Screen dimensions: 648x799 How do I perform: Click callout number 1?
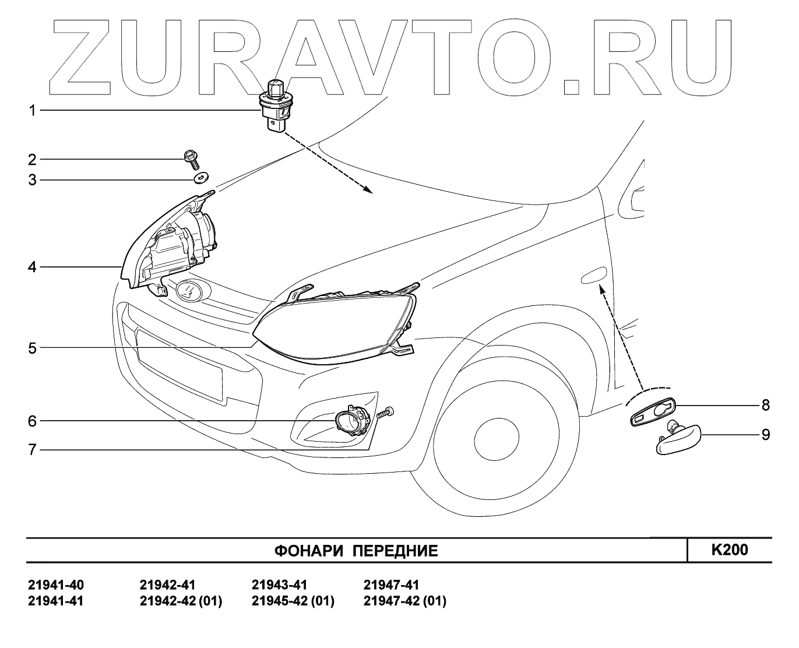pos(33,110)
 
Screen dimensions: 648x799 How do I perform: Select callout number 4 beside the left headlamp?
pos(33,267)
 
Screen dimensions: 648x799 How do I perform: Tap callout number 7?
pos(33,450)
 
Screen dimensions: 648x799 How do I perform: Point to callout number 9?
pos(765,435)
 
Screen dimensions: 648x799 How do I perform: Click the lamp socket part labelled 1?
pos(274,108)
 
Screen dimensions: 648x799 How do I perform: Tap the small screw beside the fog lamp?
pos(386,413)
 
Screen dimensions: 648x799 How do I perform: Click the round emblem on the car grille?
pos(189,290)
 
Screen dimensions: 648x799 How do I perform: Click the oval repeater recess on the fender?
pos(593,276)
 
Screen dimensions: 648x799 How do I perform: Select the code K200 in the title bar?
pos(730,550)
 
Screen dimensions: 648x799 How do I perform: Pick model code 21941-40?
pos(55,585)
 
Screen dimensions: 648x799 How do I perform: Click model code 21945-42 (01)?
pos(293,601)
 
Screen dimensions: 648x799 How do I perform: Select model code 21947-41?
pos(390,585)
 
